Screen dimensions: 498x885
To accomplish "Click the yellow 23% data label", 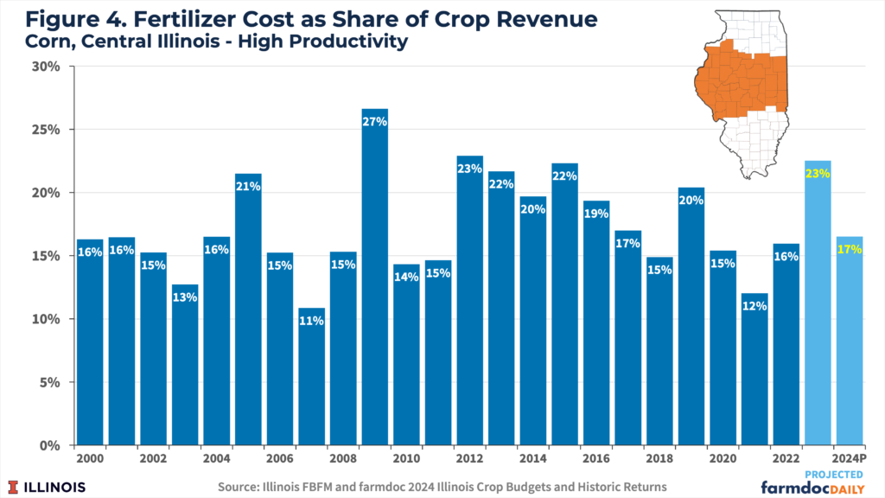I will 818,173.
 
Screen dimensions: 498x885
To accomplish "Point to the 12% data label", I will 754,306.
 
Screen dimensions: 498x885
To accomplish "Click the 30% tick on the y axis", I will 44,67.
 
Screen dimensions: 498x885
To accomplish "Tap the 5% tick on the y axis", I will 47,382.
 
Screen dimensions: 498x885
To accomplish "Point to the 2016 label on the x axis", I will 595,457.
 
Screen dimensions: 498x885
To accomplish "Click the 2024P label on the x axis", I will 850,457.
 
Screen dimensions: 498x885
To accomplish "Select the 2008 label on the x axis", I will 343,457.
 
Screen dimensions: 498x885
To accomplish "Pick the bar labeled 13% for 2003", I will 185,364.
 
